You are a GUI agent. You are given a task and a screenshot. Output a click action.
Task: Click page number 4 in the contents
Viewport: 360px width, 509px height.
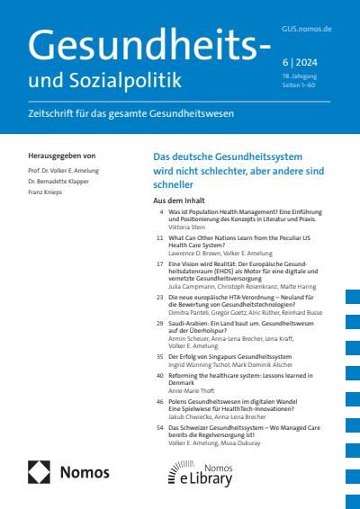(x=161, y=211)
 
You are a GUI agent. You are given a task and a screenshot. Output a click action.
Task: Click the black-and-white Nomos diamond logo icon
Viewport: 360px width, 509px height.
(x=40, y=472)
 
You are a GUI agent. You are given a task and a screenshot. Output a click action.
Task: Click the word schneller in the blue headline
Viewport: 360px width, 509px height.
(x=175, y=183)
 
